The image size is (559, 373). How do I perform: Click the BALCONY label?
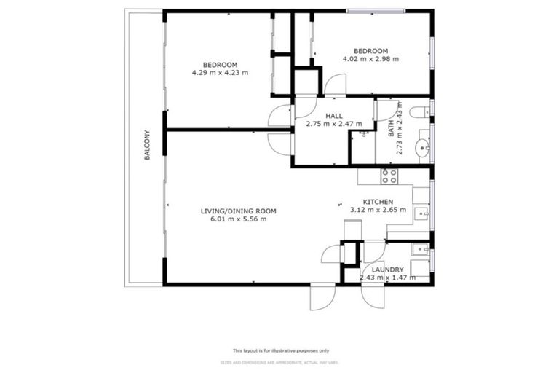pyautogui.click(x=148, y=145)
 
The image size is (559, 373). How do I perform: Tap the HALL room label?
pyautogui.click(x=334, y=116)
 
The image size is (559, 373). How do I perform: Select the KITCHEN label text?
pyautogui.click(x=378, y=202)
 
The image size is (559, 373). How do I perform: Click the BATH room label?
pyautogui.click(x=391, y=129)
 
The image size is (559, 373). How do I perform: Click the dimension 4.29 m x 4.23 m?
pyautogui.click(x=221, y=72)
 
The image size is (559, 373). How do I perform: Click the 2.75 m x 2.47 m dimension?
pyautogui.click(x=334, y=124)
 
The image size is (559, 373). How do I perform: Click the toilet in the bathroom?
pyautogui.click(x=420, y=112)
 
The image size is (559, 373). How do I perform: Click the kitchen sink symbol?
pyautogui.click(x=421, y=213)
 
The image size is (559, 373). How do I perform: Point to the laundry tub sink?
pyautogui.click(x=420, y=250)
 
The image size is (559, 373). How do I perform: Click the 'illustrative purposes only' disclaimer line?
pyautogui.click(x=280, y=350)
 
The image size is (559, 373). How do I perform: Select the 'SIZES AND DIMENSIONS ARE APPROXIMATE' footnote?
pyautogui.click(x=280, y=362)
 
